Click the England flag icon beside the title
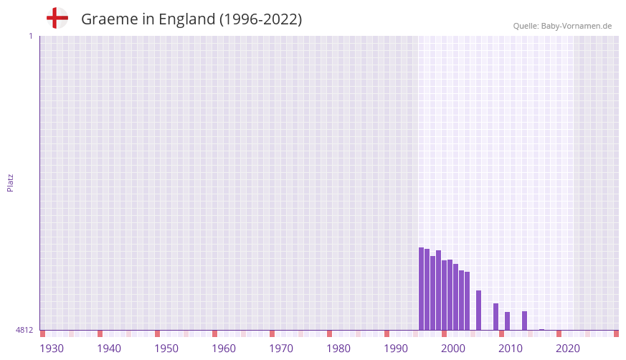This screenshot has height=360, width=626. (57, 19)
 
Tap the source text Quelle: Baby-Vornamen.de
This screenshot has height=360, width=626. (562, 26)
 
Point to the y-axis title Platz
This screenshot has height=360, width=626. (10, 182)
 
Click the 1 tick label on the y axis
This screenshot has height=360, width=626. (30, 36)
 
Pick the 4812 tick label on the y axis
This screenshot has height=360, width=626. (24, 330)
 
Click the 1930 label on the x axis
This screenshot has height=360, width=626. (52, 349)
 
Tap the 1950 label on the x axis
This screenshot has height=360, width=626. (166, 349)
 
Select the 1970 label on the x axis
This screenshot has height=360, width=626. (281, 349)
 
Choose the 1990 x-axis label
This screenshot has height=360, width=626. (396, 349)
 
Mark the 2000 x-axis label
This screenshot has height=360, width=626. (453, 349)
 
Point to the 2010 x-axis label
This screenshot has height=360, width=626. (511, 349)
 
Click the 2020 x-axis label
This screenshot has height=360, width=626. (568, 349)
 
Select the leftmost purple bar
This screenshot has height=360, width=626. (422, 289)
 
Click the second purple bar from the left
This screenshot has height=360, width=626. (427, 290)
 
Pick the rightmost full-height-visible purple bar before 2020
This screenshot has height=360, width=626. (525, 321)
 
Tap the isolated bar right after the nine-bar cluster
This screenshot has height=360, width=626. (479, 311)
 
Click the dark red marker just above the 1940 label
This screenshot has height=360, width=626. (100, 333)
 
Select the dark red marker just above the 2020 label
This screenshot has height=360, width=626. (559, 333)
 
